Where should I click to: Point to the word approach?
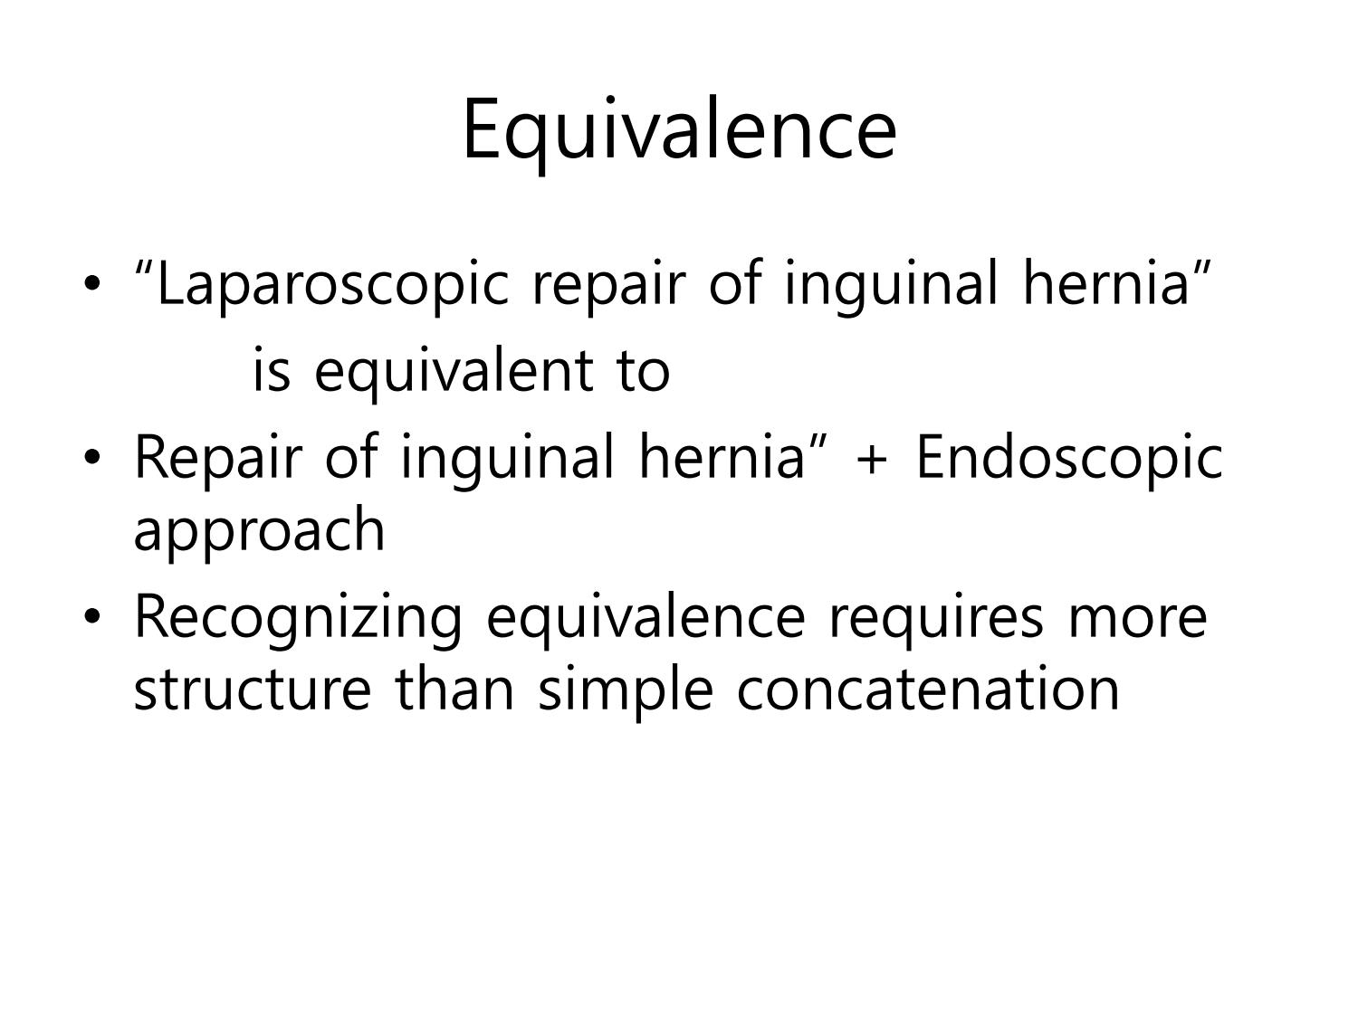click(x=259, y=530)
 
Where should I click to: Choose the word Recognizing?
click(x=298, y=619)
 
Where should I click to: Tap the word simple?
click(x=626, y=691)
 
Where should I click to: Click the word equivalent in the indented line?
click(x=454, y=372)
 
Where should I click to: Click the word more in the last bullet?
click(x=1138, y=621)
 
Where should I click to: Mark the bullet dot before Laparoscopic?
click(x=92, y=284)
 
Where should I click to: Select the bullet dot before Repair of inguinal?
click(x=92, y=458)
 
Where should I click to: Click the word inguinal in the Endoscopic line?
click(x=508, y=461)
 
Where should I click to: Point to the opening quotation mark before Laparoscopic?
click(x=144, y=270)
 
